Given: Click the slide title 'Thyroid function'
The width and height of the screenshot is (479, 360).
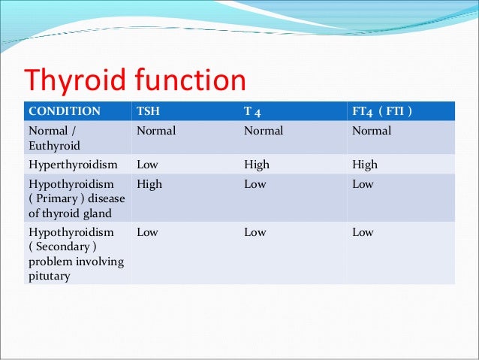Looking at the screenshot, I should point(136,81).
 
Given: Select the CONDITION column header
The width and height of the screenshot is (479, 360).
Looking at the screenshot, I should point(65,111).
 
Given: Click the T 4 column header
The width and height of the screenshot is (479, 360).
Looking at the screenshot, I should point(253,111).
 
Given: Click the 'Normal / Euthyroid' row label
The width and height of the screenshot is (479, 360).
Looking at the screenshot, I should point(54,138).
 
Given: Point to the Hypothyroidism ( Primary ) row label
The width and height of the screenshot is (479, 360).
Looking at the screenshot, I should point(75,197).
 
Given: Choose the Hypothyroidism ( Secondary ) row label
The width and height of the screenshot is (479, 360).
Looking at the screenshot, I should point(75,253).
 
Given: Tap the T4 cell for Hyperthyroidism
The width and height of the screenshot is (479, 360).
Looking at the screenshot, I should point(257,165).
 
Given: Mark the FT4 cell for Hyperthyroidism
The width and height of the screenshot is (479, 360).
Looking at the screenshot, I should point(365,165).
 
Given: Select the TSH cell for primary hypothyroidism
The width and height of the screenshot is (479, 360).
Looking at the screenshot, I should point(149,184).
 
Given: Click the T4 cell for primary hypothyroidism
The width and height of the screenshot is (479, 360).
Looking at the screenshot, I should point(255,184).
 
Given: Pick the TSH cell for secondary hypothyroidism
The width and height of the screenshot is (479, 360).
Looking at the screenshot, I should point(147,232).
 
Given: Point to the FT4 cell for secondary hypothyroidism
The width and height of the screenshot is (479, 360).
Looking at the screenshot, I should point(363,232).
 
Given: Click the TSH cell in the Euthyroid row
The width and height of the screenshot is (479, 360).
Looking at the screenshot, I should point(156,131).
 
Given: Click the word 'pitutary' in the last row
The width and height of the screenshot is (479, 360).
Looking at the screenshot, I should point(49,276).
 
